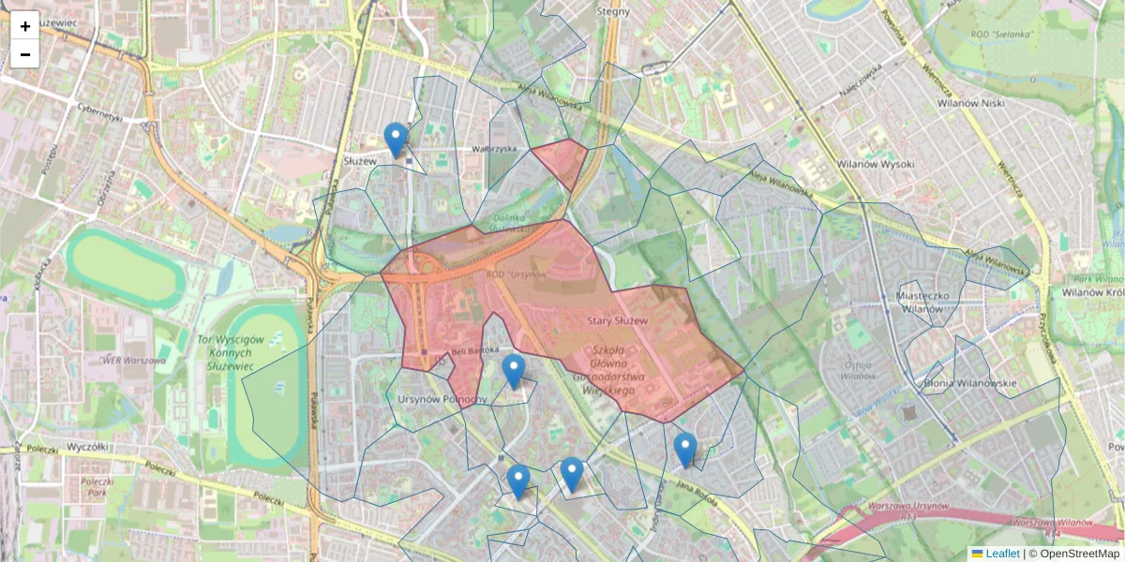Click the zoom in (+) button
(x=25, y=26)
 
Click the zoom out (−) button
(x=25, y=54)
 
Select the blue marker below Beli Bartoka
(x=513, y=372)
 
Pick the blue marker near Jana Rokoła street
(x=685, y=451)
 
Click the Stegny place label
(x=619, y=12)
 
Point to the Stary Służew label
(x=618, y=321)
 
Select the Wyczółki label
(x=79, y=447)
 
